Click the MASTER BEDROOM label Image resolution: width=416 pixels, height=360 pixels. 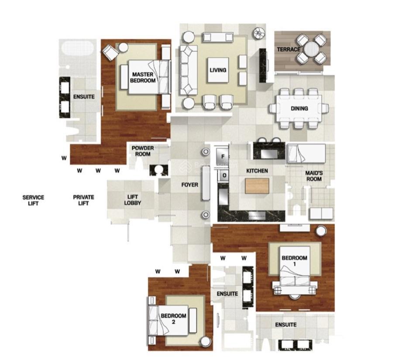pyautogui.click(x=143, y=78)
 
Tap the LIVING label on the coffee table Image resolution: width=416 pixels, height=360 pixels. pyautogui.click(x=217, y=70)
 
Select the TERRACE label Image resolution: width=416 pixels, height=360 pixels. pyautogui.click(x=289, y=49)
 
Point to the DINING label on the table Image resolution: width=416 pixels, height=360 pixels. pyautogui.click(x=299, y=108)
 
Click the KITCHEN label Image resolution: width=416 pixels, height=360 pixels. pyautogui.click(x=257, y=171)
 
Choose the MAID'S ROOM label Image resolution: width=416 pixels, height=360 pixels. pyautogui.click(x=314, y=176)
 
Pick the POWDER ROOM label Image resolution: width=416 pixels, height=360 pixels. pyautogui.click(x=143, y=151)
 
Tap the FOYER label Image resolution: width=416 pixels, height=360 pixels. pyautogui.click(x=190, y=185)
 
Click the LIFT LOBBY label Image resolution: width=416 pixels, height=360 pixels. pyautogui.click(x=132, y=200)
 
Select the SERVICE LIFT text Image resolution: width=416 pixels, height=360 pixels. pyautogui.click(x=33, y=200)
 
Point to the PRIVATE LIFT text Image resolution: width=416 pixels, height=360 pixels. pyautogui.click(x=83, y=200)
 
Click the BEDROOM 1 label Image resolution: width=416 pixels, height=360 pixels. pyautogui.click(x=294, y=261)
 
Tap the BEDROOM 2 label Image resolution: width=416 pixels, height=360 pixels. pyautogui.click(x=173, y=319)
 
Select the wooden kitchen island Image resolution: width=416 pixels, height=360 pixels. pyautogui.click(x=257, y=186)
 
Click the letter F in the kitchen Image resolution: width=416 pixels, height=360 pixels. pyautogui.click(x=223, y=156)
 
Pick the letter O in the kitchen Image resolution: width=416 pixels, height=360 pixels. pyautogui.click(x=224, y=175)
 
